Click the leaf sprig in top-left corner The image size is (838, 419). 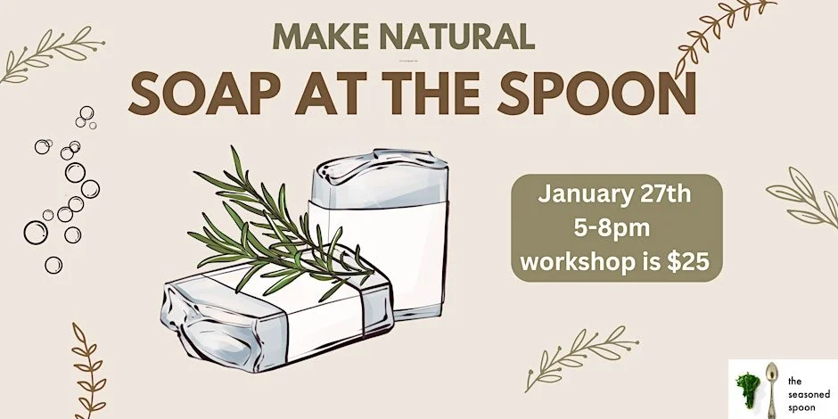tap(49, 53)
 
